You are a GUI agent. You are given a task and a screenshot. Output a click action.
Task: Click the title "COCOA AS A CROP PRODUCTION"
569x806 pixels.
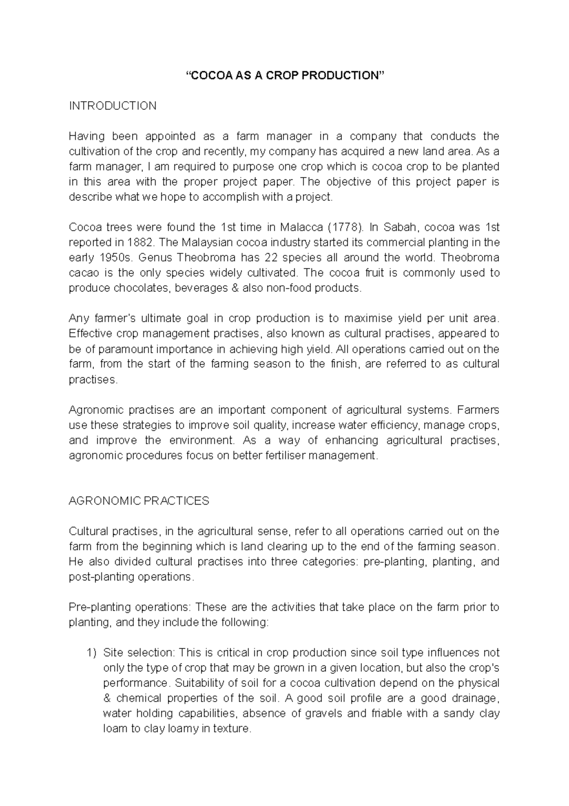pyautogui.click(x=284, y=75)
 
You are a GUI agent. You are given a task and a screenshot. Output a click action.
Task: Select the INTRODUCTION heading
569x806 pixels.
pyautogui.click(x=113, y=106)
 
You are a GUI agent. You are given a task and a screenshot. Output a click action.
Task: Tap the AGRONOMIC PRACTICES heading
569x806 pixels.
pyautogui.click(x=139, y=501)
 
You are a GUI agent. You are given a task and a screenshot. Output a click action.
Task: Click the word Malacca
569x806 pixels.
pyautogui.click(x=302, y=227)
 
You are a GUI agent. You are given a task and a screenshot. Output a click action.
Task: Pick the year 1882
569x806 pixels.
pyautogui.click(x=140, y=243)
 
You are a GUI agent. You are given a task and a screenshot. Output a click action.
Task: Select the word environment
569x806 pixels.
pyautogui.click(x=202, y=440)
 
